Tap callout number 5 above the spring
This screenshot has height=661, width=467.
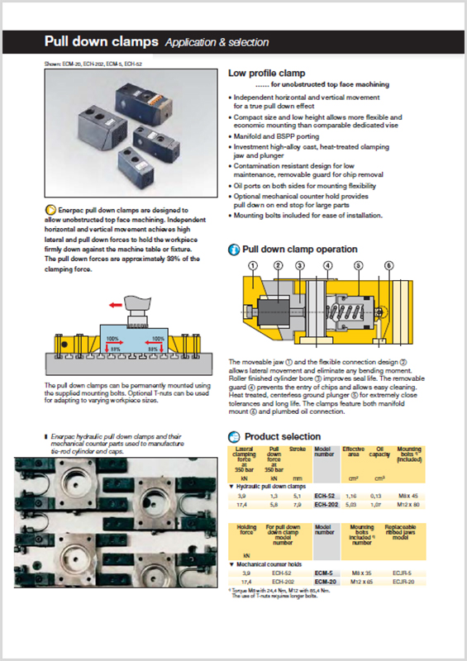click(359, 266)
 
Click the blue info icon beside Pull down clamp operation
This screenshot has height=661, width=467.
click(233, 250)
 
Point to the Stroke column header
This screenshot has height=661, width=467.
click(296, 450)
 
